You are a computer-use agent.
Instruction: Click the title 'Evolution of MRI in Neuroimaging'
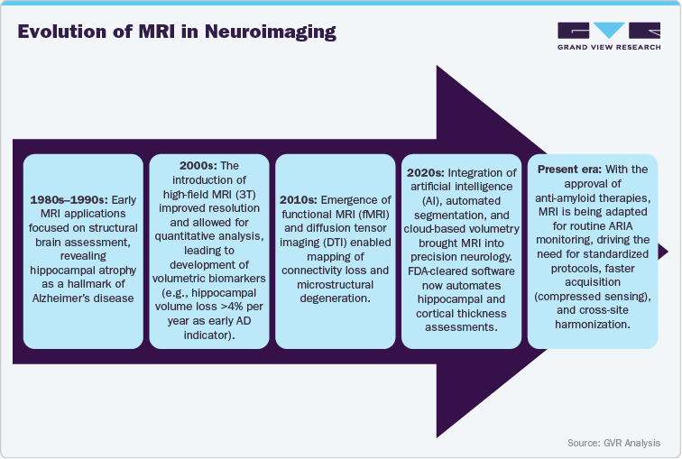click(x=177, y=32)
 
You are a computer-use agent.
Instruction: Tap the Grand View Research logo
click(x=608, y=35)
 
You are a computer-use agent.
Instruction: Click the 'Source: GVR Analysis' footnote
click(x=613, y=443)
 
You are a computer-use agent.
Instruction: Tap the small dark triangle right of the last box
click(x=663, y=251)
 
